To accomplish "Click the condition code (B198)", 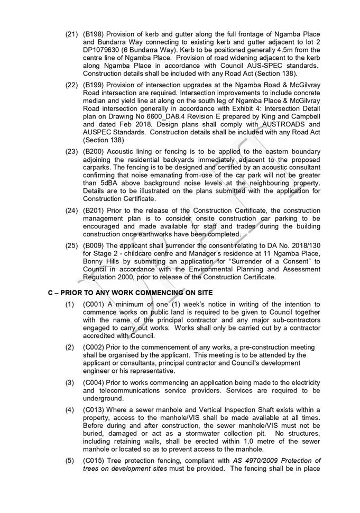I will point(94,34).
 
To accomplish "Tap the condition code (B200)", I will point(94,151).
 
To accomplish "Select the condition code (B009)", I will point(94,245).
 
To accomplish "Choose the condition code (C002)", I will point(94,347).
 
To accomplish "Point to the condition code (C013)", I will point(94,409).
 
